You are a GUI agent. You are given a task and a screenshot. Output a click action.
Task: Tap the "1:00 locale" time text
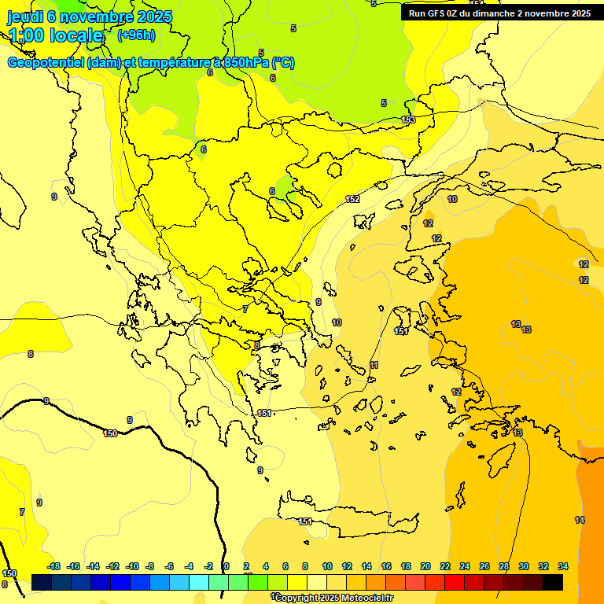tap(57, 35)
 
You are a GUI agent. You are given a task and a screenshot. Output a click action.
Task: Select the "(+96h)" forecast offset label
tap(136, 35)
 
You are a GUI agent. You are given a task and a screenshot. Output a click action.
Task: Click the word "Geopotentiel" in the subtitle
tap(46, 63)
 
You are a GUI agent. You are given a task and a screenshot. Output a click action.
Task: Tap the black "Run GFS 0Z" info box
tap(499, 13)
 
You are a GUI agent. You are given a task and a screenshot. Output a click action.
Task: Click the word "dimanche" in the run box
tap(492, 13)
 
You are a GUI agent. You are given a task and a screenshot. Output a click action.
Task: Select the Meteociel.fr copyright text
tap(334, 598)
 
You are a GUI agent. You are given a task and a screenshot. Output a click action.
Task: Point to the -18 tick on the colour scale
tap(53, 566)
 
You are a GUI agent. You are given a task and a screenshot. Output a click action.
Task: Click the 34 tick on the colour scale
tap(563, 566)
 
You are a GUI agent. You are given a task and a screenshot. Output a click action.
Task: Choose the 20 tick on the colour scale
tap(425, 566)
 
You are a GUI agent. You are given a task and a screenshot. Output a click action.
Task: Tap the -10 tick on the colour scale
tap(132, 566)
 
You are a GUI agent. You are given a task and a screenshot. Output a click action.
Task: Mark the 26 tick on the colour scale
tap(484, 566)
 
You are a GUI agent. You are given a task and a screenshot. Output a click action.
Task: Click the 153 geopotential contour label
tap(408, 120)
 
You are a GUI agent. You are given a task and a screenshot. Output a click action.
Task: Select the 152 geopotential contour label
tap(352, 199)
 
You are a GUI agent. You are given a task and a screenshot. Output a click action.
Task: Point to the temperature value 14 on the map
tap(580, 520)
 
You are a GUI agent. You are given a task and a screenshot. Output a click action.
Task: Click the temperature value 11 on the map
tap(374, 365)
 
